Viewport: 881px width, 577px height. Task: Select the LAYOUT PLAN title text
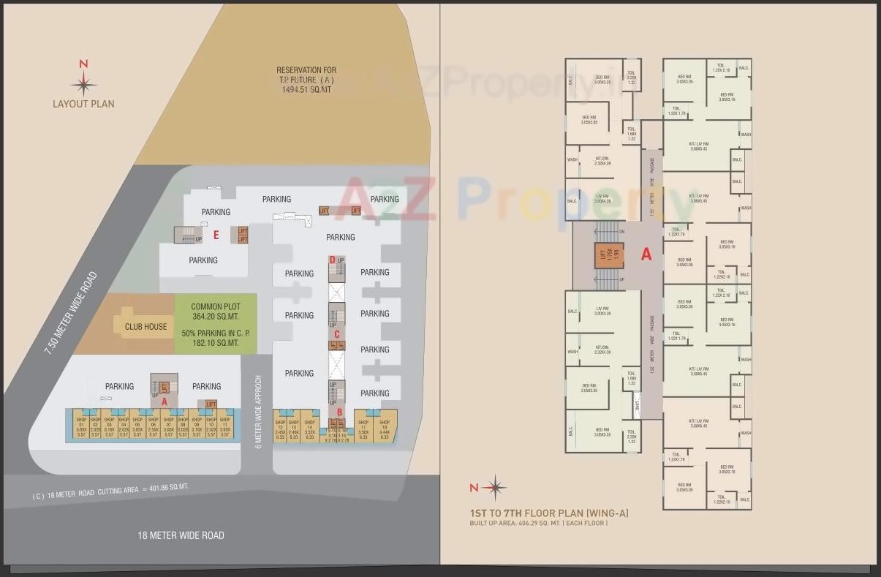click(83, 104)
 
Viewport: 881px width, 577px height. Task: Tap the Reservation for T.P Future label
click(306, 79)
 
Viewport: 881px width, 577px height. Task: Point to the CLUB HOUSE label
click(145, 327)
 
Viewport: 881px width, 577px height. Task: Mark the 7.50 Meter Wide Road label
click(71, 314)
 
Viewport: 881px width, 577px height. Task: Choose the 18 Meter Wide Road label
click(181, 535)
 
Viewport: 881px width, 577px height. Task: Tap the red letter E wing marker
click(216, 235)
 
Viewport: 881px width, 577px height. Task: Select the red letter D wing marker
click(332, 260)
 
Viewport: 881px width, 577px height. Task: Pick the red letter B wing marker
click(339, 411)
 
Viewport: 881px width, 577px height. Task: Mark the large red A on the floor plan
click(646, 254)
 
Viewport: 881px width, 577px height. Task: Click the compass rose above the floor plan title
click(495, 487)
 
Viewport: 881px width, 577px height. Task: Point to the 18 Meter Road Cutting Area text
click(110, 491)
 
